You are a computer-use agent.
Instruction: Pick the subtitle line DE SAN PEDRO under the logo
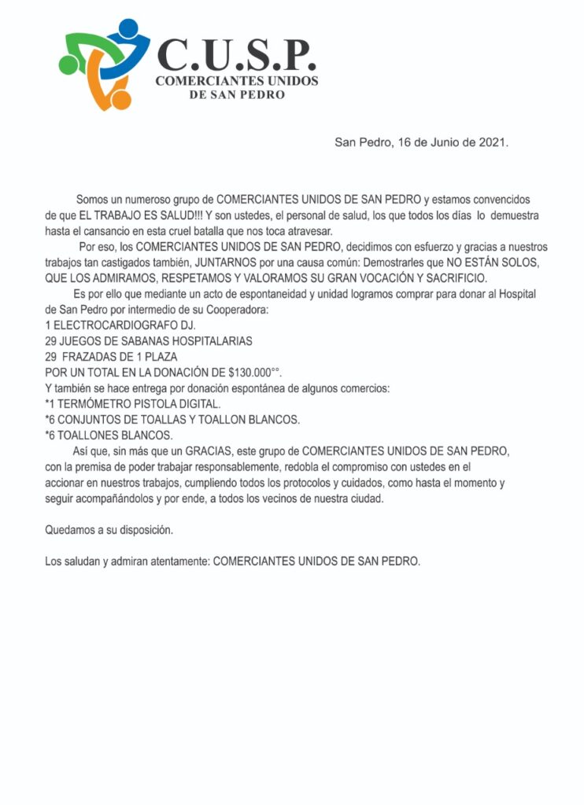237,95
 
